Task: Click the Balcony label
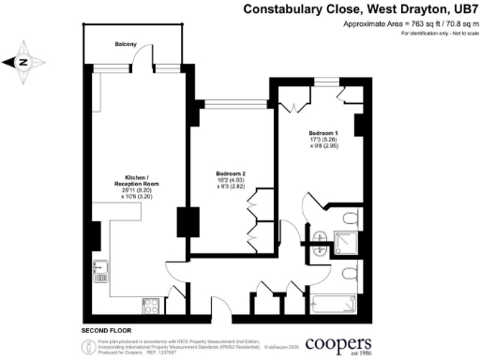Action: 127,44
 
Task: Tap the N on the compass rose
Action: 25,64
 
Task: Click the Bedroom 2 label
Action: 230,173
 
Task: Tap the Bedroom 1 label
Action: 323,133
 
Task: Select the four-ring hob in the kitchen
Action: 150,303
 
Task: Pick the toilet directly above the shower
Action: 348,220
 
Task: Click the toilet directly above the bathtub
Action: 348,273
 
